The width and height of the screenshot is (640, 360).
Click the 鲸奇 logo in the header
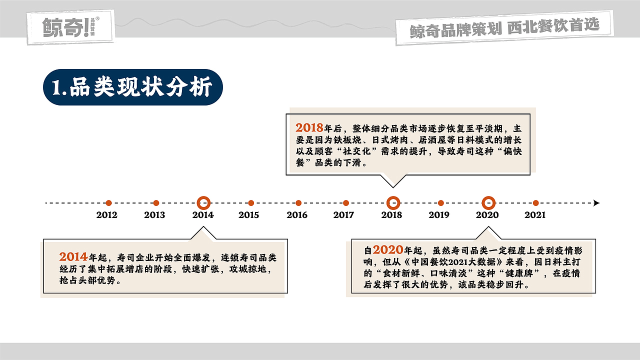[x=69, y=26]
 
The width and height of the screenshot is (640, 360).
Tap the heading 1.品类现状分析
[x=132, y=87]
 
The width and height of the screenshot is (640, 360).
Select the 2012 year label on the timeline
[x=106, y=215]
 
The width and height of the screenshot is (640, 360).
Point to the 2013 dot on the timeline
[x=156, y=203]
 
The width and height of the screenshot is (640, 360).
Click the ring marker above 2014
[x=203, y=203]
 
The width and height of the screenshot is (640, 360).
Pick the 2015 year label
[x=248, y=215]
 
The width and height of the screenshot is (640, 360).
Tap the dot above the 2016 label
[x=298, y=203]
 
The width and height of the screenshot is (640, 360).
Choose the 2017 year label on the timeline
[x=343, y=215]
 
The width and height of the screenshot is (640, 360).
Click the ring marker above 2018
[x=393, y=203]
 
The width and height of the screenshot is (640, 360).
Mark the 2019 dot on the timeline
[x=440, y=203]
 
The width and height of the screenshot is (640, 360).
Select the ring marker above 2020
[x=488, y=203]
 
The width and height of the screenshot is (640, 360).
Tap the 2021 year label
[x=534, y=215]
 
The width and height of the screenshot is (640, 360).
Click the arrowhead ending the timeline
[x=596, y=203]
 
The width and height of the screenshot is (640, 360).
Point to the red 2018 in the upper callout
[x=309, y=128]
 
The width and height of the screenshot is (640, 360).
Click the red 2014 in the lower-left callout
[x=73, y=257]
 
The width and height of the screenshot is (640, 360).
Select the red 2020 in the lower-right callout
[x=387, y=250]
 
